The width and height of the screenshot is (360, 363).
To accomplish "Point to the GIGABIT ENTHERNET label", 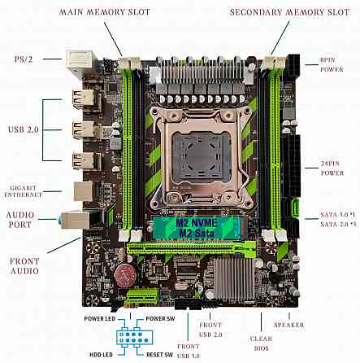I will coord(22,190).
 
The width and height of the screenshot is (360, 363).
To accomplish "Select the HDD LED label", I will coord(100,354).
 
